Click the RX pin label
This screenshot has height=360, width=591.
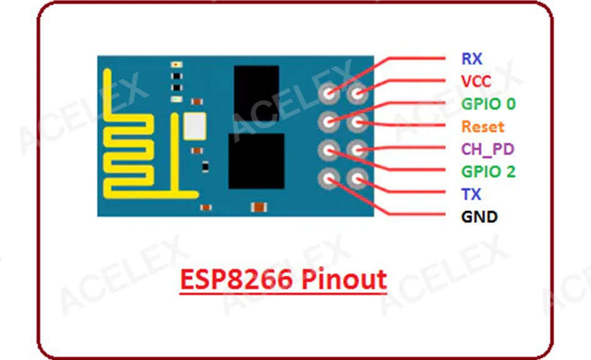[x=471, y=59]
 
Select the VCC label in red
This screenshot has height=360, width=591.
[x=476, y=81]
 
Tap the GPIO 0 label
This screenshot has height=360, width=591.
[x=488, y=104]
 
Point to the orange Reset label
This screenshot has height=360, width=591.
[x=483, y=126]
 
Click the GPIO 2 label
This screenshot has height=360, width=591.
[x=488, y=172]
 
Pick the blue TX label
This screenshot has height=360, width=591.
[x=471, y=195]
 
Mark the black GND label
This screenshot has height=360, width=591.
[x=479, y=217]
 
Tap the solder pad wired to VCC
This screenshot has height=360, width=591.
[x=357, y=95]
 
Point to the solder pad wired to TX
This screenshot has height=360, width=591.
[x=357, y=180]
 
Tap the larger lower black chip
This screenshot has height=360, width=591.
[x=256, y=161]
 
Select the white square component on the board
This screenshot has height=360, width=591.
[x=194, y=127]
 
